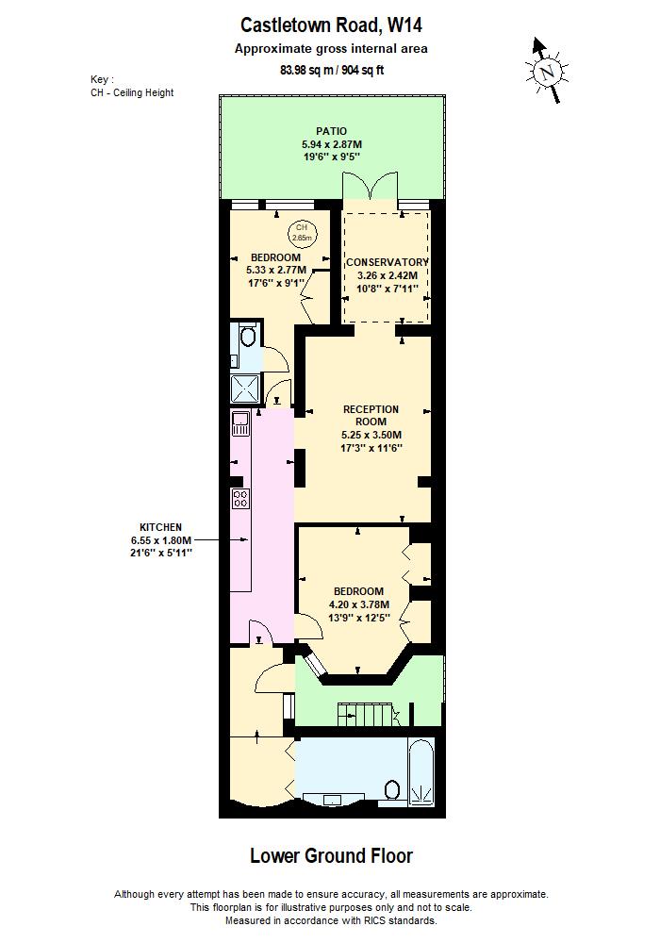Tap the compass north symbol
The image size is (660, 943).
547,70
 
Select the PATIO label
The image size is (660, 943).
331,131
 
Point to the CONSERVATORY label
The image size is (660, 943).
387,262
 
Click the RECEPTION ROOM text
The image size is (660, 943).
371,415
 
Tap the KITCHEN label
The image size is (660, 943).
160,527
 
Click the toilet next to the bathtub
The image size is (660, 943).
394,789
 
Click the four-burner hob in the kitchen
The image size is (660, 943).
240,498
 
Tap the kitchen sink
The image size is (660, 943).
240,423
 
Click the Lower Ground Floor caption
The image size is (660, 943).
331,856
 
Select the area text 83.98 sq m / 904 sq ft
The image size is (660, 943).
331,70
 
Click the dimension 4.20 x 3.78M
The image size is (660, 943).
358,604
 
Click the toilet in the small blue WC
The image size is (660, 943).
247,338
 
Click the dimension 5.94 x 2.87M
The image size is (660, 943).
331,144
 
